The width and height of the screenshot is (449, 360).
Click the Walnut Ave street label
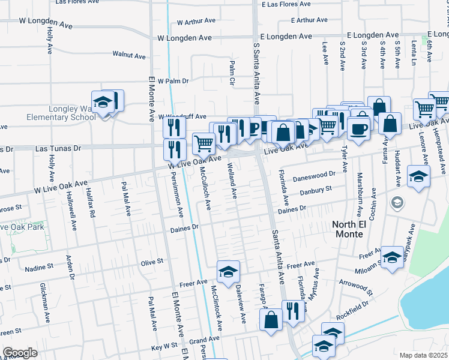point(129,56)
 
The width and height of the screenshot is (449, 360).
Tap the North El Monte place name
point(356,229)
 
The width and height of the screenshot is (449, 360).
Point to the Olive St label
point(152,262)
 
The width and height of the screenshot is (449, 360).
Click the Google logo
point(20,352)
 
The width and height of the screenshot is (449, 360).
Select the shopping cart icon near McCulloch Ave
point(203,144)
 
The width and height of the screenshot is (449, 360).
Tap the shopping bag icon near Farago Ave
point(271,319)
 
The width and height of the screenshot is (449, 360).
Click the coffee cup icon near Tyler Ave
point(358,128)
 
